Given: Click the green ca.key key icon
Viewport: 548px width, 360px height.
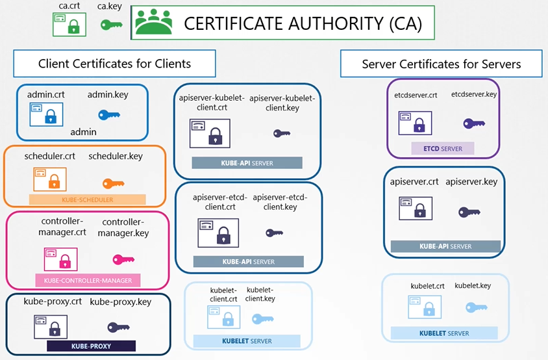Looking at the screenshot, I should pyautogui.click(x=111, y=25).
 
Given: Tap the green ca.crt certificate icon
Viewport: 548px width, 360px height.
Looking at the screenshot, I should pyautogui.click(x=69, y=25).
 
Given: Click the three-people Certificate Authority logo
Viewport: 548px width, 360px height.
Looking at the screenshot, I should pyautogui.click(x=154, y=23).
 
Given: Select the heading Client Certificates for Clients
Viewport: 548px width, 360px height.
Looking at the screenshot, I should pyautogui.click(x=115, y=64).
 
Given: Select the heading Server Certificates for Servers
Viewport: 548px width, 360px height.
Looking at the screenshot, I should pyautogui.click(x=442, y=64).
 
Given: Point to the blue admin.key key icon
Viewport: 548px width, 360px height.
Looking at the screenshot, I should pyautogui.click(x=109, y=115).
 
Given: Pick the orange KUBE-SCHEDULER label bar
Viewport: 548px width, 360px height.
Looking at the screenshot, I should pyautogui.click(x=87, y=199).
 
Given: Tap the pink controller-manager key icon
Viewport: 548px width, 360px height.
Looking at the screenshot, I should pyautogui.click(x=123, y=259).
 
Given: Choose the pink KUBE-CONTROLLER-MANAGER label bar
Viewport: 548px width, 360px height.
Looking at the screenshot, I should pyautogui.click(x=88, y=280).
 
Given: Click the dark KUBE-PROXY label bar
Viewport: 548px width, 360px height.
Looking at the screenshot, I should pyautogui.click(x=90, y=346).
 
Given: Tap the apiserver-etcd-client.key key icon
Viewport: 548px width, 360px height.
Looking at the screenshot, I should pyautogui.click(x=274, y=233).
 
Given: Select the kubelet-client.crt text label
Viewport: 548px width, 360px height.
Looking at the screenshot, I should pyautogui.click(x=223, y=294).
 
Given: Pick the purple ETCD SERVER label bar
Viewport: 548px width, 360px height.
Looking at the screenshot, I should pyautogui.click(x=443, y=149).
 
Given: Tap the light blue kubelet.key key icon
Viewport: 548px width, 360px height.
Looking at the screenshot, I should pyautogui.click(x=476, y=307).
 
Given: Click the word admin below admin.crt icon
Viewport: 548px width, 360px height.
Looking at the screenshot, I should pyautogui.click(x=83, y=132).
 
